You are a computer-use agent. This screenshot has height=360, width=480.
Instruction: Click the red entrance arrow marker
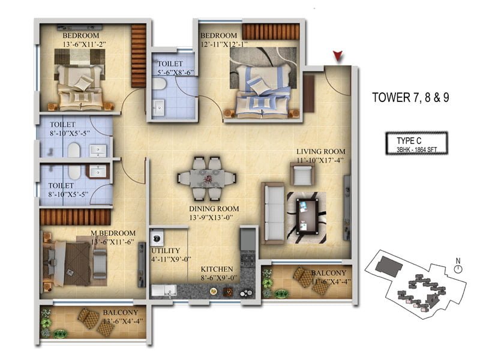point(338,56)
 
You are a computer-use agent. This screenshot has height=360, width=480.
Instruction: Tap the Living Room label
point(320,151)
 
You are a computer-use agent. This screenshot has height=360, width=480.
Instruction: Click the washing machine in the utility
point(157,238)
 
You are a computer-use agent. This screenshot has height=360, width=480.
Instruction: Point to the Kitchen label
point(217,269)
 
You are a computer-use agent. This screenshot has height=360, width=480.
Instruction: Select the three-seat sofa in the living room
point(272,214)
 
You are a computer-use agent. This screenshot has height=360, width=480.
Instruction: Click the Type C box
point(416,143)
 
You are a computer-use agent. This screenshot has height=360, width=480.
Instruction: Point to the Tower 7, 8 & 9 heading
point(410,98)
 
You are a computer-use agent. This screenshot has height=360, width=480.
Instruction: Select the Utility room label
point(166,250)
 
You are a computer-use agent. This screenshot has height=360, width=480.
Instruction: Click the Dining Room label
point(214,209)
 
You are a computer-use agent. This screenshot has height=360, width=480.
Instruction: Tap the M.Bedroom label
point(113,233)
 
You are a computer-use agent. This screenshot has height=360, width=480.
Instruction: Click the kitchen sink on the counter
point(164,290)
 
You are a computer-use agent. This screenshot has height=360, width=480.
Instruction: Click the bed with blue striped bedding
point(263,91)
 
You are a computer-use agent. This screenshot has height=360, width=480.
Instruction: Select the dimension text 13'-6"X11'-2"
point(84,44)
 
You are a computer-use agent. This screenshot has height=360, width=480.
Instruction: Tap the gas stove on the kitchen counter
point(248,260)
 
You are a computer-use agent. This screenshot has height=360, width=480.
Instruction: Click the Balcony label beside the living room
point(328,273)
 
